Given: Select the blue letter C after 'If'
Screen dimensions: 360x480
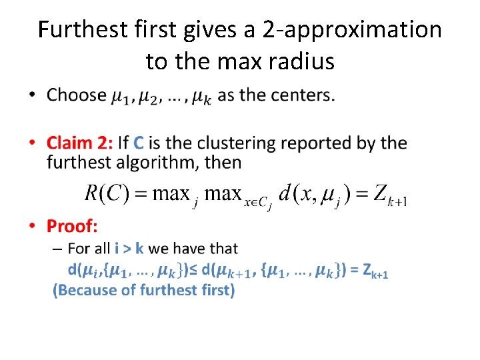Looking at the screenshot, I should pyautogui.click(x=139, y=143).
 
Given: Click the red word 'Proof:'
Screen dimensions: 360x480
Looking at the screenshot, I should pyautogui.click(x=72, y=227).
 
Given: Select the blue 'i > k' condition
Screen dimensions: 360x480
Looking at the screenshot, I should pyautogui.click(x=129, y=249).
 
